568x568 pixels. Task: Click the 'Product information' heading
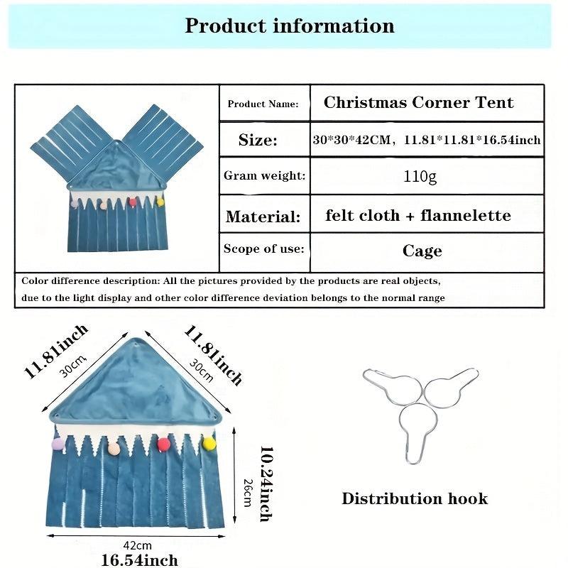click(x=289, y=26)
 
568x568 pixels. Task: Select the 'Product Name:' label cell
click(x=263, y=104)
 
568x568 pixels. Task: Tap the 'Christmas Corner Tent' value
click(x=418, y=102)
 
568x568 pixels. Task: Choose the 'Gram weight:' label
click(x=264, y=175)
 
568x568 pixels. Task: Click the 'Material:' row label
click(x=263, y=216)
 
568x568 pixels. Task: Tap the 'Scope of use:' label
click(x=263, y=248)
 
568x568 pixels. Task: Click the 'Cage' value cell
click(x=422, y=251)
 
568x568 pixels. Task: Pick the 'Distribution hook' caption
click(x=415, y=498)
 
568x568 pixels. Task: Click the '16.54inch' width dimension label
click(x=139, y=560)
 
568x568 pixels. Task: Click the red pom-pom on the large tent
click(x=164, y=444)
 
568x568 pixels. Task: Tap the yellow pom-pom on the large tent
click(x=209, y=444)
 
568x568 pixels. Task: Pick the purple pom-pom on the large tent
click(x=58, y=444)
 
